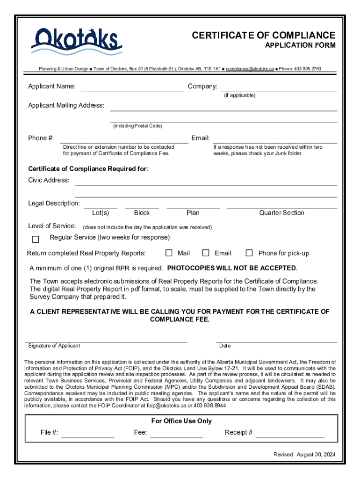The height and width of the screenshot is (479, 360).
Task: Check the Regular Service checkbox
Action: click(x=36, y=239)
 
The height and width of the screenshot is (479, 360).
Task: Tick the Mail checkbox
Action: click(x=169, y=253)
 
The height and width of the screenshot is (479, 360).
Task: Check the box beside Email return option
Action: click(x=206, y=253)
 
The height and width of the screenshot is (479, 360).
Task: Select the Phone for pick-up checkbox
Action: click(x=249, y=253)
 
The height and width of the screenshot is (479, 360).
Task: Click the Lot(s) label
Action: click(x=101, y=213)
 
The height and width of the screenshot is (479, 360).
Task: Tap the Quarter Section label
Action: click(x=281, y=213)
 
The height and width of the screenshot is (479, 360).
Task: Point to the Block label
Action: click(x=142, y=213)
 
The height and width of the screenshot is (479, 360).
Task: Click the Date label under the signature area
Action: click(x=225, y=346)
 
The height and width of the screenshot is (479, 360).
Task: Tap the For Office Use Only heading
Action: click(x=181, y=421)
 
